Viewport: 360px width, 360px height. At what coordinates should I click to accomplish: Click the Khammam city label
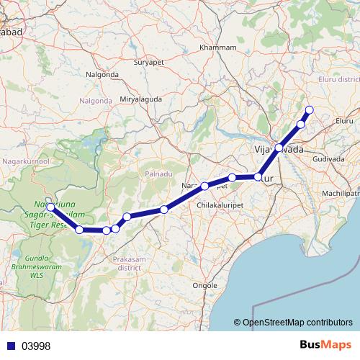(x=221, y=47)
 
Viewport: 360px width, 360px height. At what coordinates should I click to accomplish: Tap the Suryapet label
(x=150, y=63)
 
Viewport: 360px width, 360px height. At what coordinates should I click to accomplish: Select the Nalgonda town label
(x=102, y=74)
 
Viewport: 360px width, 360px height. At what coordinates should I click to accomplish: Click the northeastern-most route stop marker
(x=310, y=109)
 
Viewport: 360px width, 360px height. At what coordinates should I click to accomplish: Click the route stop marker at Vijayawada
(x=279, y=148)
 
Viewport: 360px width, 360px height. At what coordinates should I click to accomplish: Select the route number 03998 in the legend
(x=35, y=346)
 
